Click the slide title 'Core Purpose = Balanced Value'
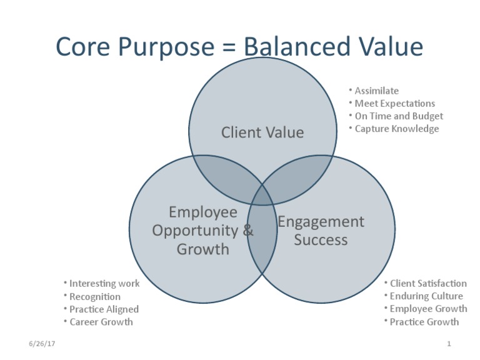tap(239, 47)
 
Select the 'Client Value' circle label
tap(262, 132)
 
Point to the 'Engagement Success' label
tap(321, 231)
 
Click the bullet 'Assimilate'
tap(376, 91)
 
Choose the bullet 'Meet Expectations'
tap(394, 103)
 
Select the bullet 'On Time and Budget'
tap(398, 116)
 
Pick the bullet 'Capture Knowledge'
tap(396, 129)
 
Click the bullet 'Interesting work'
tap(104, 284)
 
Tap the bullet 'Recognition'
tap(95, 297)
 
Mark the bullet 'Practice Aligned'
tap(104, 309)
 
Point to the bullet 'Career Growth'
tap(101, 322)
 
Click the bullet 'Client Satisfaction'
tap(427, 284)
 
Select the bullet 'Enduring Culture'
tap(426, 296)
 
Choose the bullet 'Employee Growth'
tap(427, 309)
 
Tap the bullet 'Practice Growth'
tap(424, 322)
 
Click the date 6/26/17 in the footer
tap(42, 344)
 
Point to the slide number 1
tap(449, 344)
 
